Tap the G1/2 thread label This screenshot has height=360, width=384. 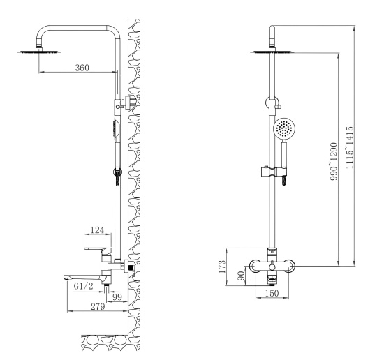click(82, 286)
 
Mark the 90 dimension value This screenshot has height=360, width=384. click(240, 278)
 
